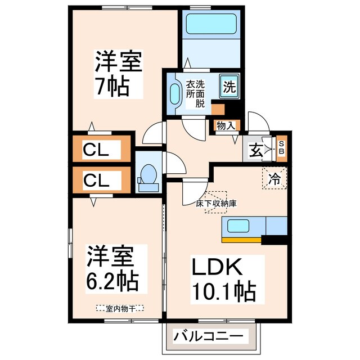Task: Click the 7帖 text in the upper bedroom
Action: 112,87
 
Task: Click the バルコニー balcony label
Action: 208,337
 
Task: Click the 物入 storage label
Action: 226,126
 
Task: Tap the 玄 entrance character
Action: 256,150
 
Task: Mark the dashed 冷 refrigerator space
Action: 274,179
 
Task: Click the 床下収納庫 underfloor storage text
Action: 215,204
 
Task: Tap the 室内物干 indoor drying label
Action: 119,308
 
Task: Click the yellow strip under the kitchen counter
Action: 242,240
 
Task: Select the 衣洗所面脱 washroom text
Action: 195,93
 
